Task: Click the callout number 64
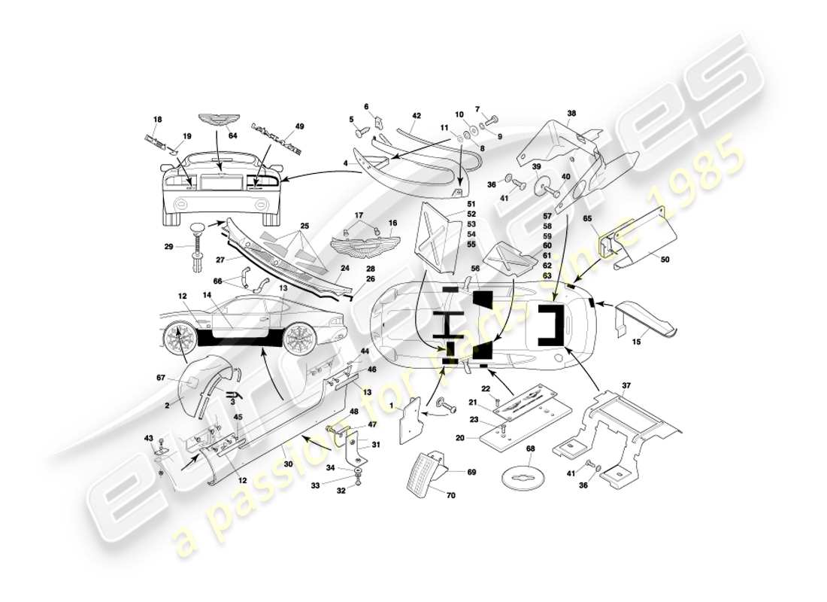coord(233,135)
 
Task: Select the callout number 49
coord(300,127)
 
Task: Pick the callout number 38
coord(571,114)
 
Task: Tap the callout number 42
coord(416,116)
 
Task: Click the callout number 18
coord(158,120)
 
